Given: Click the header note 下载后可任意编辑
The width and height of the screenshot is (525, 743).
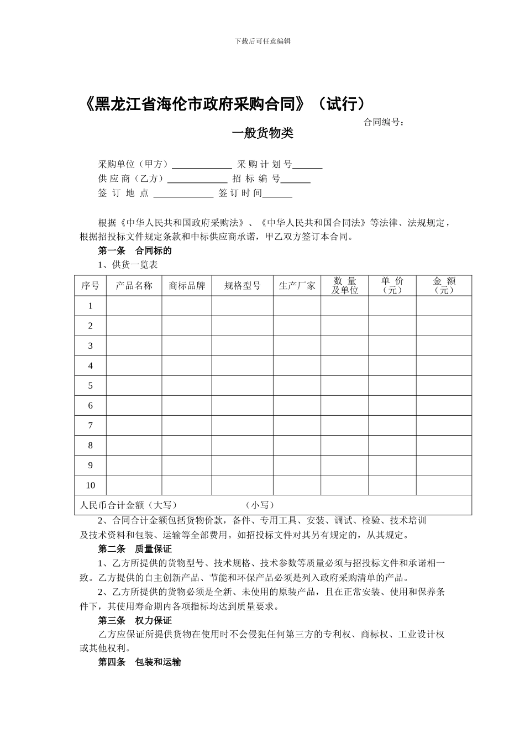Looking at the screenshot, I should [262, 41].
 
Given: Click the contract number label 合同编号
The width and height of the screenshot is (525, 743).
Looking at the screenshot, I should [384, 122].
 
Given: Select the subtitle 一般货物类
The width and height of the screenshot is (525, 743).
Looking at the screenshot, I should [262, 133].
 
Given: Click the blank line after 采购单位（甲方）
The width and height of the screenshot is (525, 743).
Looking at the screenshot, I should [202, 165].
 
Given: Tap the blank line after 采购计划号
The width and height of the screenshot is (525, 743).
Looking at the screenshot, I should [308, 165].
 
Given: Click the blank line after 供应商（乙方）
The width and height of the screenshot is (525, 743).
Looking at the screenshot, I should [197, 179].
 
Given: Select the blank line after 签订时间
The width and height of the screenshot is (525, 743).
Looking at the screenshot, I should [277, 193].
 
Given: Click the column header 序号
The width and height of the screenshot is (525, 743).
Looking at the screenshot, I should [91, 286].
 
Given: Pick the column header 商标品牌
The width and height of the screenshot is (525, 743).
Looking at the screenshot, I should [187, 286].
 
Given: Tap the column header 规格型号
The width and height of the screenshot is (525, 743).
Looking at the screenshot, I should [242, 286].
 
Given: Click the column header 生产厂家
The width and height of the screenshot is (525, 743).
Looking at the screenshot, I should [297, 286].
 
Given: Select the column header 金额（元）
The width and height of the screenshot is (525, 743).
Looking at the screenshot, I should [444, 286].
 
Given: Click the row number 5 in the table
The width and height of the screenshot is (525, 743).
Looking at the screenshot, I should [91, 386].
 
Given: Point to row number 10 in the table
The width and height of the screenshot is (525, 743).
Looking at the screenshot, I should [91, 485].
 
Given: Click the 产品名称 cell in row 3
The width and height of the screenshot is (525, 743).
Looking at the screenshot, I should [134, 346].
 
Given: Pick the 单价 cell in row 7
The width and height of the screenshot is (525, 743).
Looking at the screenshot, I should [392, 426].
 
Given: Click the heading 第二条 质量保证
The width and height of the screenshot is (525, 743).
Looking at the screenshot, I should [135, 549].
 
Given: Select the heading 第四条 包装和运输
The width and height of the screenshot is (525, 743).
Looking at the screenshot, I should [139, 662].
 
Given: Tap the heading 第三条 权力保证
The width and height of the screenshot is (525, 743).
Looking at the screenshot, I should [135, 620].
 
